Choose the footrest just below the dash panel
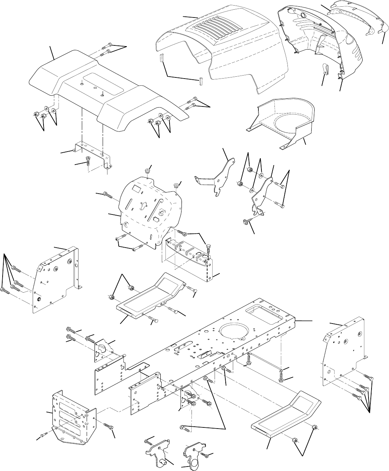(x=149, y=294)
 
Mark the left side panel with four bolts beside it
(x=56, y=277)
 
